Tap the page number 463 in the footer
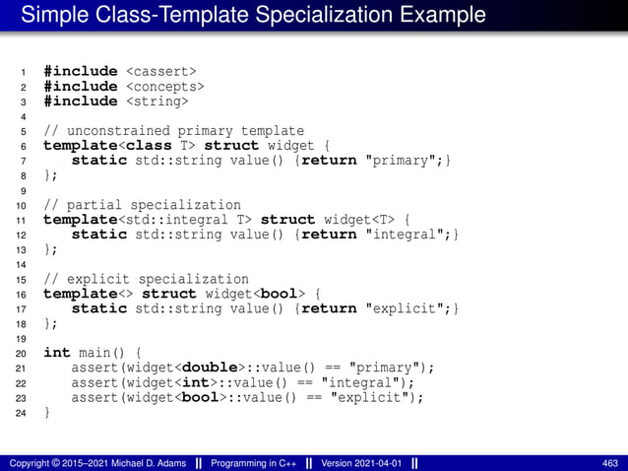(x=609, y=462)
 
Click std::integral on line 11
(x=138, y=220)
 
